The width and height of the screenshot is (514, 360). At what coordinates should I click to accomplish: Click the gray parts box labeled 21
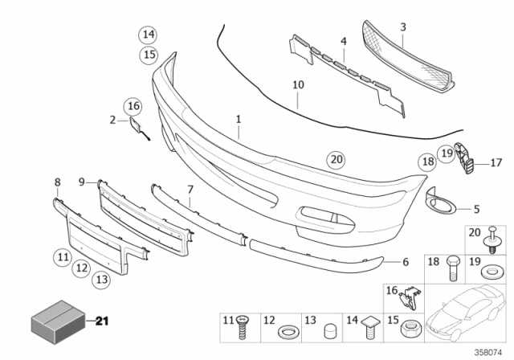click(x=59, y=321)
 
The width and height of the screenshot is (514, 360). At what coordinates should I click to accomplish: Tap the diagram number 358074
click(x=488, y=353)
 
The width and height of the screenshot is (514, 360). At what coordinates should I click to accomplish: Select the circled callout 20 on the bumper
click(x=337, y=160)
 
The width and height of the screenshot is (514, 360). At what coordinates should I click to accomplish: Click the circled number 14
click(x=148, y=35)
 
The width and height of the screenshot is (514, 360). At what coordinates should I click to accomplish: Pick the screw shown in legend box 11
click(x=242, y=328)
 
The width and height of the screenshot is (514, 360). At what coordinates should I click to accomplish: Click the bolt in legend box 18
click(x=453, y=268)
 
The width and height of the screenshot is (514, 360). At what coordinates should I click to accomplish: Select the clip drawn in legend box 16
click(x=409, y=299)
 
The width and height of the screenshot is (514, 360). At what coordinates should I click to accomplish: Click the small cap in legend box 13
click(x=328, y=331)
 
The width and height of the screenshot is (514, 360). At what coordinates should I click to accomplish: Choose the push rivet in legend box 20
click(x=492, y=239)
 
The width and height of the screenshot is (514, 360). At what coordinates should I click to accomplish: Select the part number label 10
click(x=298, y=85)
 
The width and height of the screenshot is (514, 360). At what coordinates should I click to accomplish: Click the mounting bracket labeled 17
click(x=464, y=158)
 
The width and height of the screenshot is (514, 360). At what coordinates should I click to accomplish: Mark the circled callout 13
click(x=102, y=280)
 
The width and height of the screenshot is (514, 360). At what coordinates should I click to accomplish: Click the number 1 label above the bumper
click(x=239, y=119)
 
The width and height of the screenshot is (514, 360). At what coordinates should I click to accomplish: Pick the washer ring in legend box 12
click(x=288, y=333)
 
